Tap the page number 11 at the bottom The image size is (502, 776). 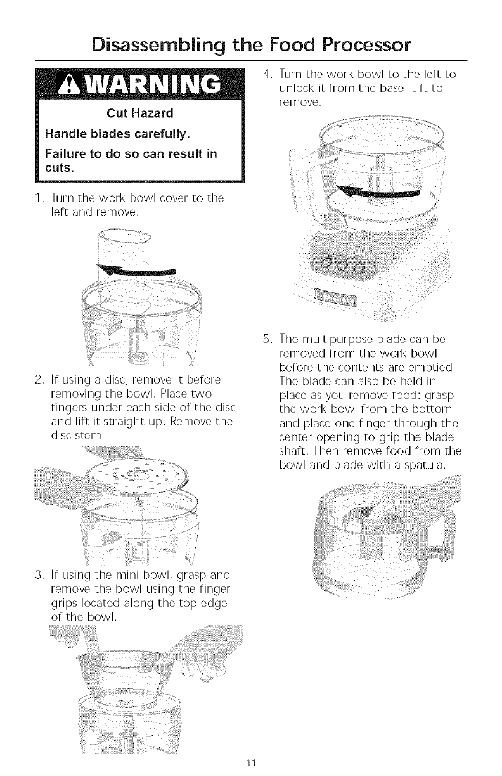coord(251,763)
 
